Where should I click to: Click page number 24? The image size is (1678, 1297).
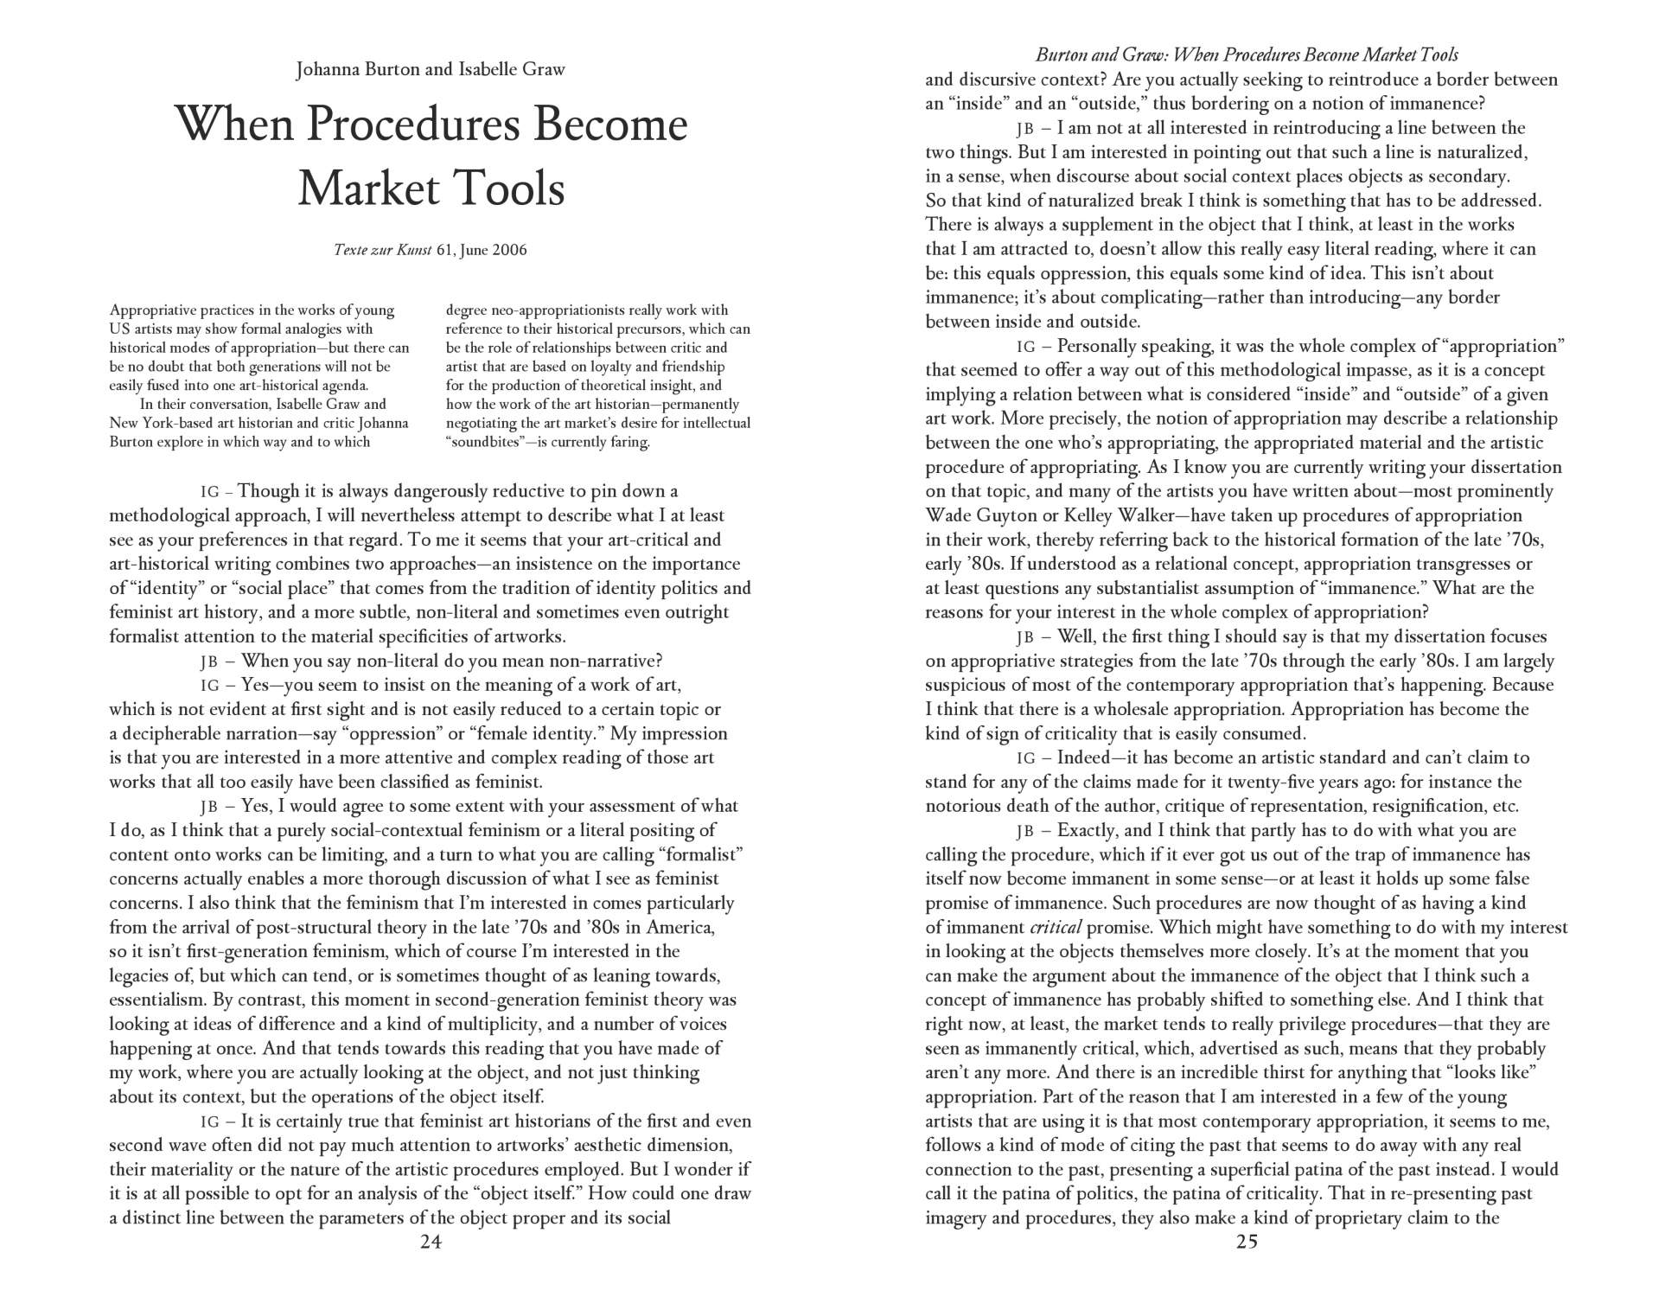click(x=431, y=1243)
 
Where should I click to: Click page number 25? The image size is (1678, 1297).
click(x=1247, y=1243)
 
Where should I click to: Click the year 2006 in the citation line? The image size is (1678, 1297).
click(x=508, y=251)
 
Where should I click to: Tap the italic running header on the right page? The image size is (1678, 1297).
click(x=1247, y=55)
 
